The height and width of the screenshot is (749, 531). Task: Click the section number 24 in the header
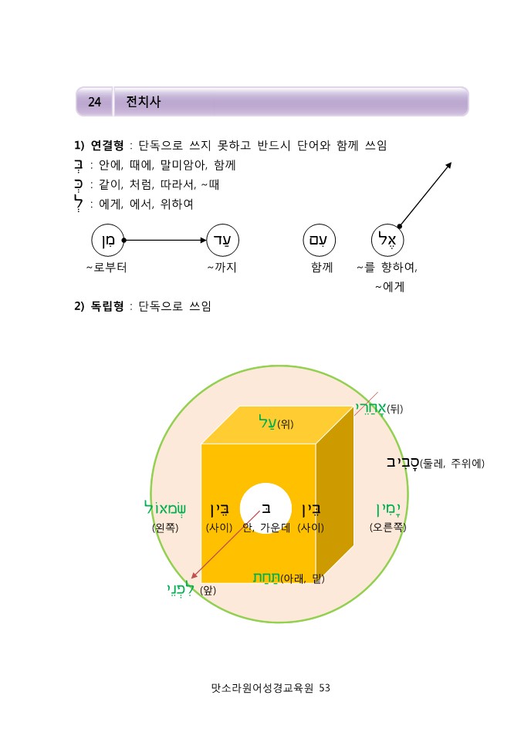tap(95, 102)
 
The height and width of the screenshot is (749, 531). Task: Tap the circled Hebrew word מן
tap(107, 240)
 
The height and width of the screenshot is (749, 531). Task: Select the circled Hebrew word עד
tap(222, 240)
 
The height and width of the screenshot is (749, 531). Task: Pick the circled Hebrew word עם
tap(319, 240)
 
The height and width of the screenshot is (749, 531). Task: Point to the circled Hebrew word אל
tap(387, 240)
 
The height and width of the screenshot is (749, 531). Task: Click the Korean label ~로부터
tap(107, 268)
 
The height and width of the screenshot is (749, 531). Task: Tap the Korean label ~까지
tap(222, 268)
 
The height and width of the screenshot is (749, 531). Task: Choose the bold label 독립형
tap(108, 306)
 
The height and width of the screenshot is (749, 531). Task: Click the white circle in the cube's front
tap(265, 508)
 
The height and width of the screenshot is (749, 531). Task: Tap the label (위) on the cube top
tap(286, 423)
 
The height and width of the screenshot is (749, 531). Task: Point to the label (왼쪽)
tap(165, 528)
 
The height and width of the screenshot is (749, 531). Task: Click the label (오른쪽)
tap(387, 528)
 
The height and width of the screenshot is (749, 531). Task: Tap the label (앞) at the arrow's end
tap(208, 591)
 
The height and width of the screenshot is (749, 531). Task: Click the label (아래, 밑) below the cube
tap(302, 578)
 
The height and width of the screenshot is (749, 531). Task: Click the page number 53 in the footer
tap(324, 687)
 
